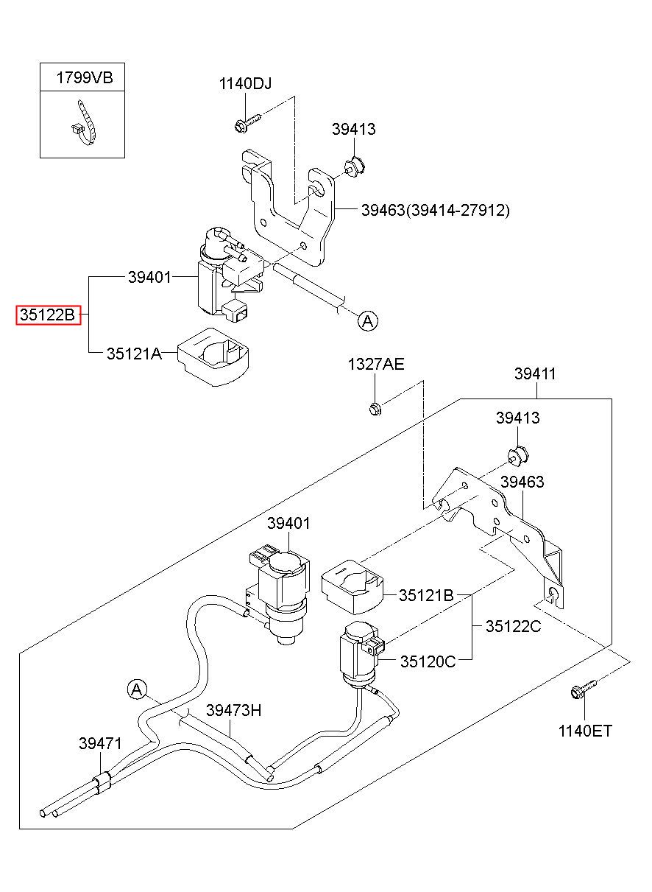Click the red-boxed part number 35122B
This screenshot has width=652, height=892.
tap(48, 315)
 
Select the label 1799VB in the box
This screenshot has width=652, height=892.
tap(85, 77)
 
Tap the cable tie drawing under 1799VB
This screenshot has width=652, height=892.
tap(85, 122)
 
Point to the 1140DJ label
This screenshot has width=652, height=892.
tap(245, 84)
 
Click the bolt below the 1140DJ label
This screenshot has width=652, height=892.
tap(247, 122)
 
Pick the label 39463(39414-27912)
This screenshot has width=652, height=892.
tap(435, 210)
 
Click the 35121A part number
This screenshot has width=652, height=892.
tap(134, 354)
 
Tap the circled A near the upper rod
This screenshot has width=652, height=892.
tap(367, 321)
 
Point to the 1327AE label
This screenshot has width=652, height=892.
tap(376, 364)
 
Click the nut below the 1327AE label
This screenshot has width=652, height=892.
tap(375, 409)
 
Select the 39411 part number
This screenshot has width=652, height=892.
tap(535, 373)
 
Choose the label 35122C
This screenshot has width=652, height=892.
tap(513, 626)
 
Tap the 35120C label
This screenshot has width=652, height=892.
tap(428, 661)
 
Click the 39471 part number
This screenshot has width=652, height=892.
tap(100, 743)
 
